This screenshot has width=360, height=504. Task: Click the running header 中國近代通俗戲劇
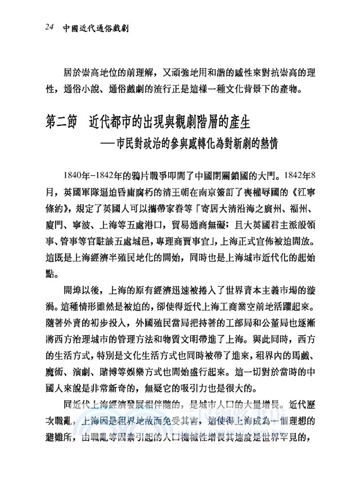91,28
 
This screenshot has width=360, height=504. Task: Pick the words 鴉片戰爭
155,175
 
